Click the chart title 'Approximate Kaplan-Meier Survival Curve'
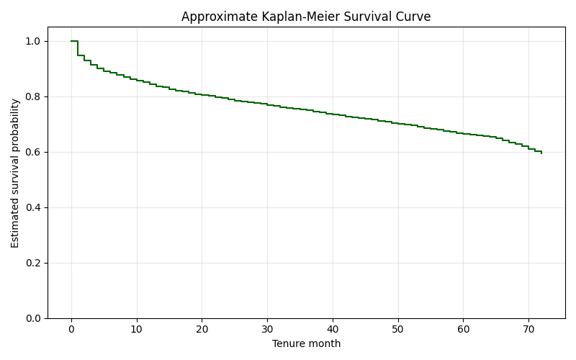coord(306,17)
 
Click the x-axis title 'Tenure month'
coord(306,344)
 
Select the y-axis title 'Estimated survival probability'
coord(15,173)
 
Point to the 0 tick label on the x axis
coord(71,329)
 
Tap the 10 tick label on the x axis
coord(137,329)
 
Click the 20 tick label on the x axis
coord(202,329)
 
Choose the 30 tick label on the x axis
coord(267,329)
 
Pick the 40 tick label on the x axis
coord(333,329)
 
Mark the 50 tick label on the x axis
coord(397,329)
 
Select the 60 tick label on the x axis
coord(463,329)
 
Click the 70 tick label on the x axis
coord(528,329)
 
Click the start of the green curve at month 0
coord(71,41)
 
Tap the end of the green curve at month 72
coord(541,153)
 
